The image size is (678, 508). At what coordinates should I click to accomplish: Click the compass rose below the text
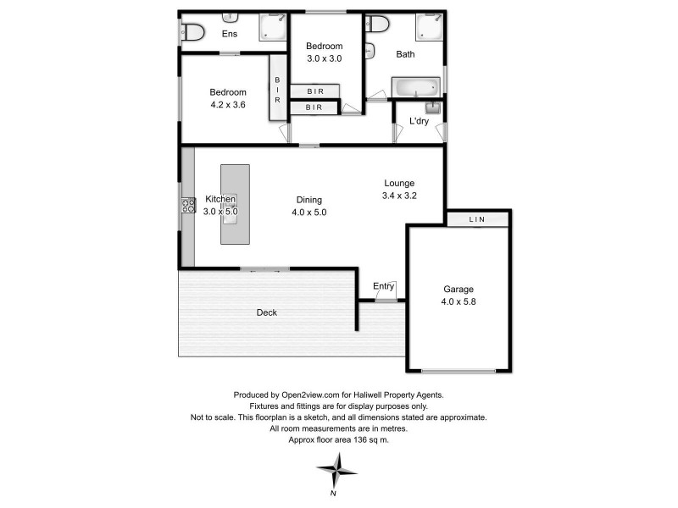tap(336, 468)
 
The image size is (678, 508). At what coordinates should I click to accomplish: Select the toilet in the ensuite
tap(193, 33)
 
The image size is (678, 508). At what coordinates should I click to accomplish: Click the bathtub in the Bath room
tap(416, 86)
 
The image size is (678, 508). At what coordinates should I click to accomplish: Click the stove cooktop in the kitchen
tap(186, 206)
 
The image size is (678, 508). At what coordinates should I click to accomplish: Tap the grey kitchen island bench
tap(235, 205)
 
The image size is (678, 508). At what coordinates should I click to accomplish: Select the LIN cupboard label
tap(477, 220)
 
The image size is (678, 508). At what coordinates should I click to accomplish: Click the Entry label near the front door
tap(384, 286)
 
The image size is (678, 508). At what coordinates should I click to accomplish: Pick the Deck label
tap(267, 312)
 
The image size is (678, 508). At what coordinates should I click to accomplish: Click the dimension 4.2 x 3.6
tap(228, 106)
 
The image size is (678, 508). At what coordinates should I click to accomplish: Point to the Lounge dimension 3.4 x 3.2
tap(399, 196)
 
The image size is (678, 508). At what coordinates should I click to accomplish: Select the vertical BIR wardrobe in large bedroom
tap(277, 87)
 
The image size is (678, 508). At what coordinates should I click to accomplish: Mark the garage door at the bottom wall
tap(458, 371)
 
